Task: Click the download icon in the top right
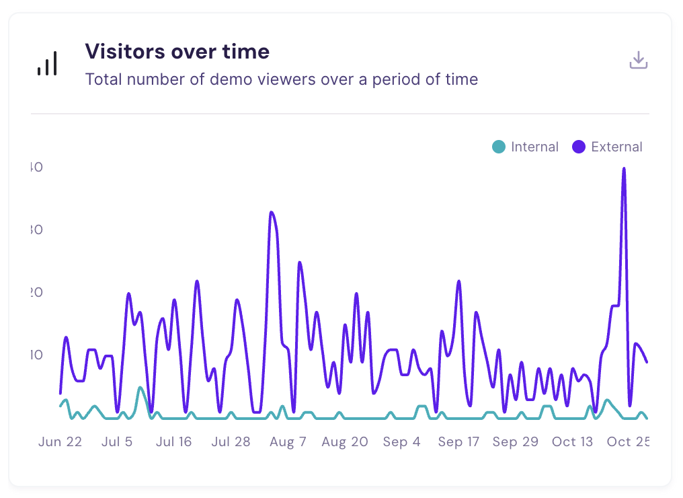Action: [x=638, y=61]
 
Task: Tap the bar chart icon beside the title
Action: [x=47, y=63]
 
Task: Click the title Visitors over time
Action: [x=177, y=51]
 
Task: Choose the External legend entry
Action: [x=607, y=147]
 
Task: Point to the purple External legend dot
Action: [x=578, y=147]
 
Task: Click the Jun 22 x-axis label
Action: [x=61, y=441]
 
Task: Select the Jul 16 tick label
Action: [x=174, y=441]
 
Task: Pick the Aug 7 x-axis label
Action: [x=288, y=441]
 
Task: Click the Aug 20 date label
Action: [x=345, y=441]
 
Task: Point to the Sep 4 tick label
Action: [x=401, y=441]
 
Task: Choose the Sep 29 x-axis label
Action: [x=515, y=441]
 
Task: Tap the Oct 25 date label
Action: [x=627, y=441]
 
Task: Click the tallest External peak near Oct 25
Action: [x=625, y=169]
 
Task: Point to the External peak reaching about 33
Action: [x=272, y=213]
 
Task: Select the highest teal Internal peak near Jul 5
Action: [x=140, y=388]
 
